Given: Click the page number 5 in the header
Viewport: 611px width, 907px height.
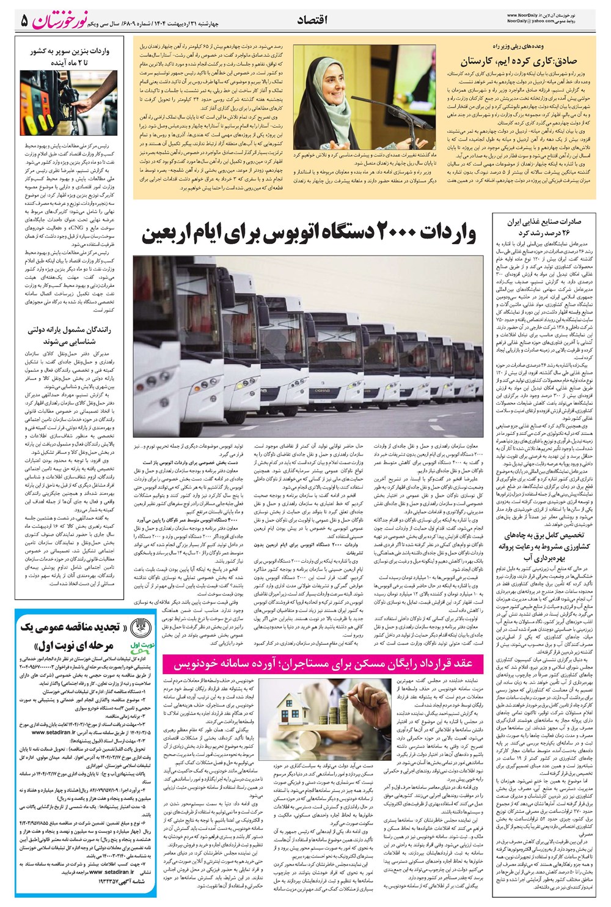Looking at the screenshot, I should coord(24,21).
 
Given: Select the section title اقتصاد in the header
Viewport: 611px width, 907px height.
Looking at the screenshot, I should coord(312,20).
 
